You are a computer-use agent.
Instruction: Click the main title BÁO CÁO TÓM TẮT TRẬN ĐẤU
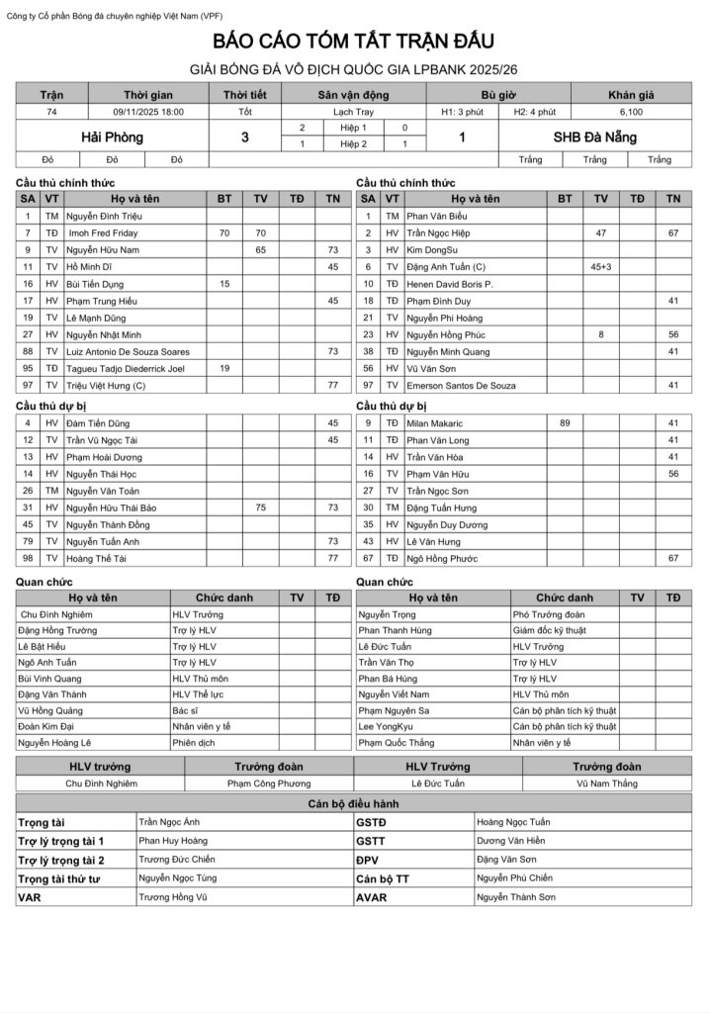[x=354, y=42]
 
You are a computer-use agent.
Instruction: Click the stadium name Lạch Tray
[x=353, y=112]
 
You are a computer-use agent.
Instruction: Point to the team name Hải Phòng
[x=112, y=137]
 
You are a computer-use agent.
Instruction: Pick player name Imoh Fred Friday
[x=103, y=232]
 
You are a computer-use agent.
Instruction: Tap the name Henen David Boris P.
[x=451, y=283]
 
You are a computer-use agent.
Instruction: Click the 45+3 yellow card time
[x=600, y=266]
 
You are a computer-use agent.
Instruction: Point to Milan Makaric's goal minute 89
[x=565, y=422]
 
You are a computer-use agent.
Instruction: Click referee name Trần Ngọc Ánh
[x=169, y=822]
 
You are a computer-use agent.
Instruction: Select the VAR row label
[x=29, y=897]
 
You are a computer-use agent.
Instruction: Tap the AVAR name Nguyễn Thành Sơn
[x=515, y=897]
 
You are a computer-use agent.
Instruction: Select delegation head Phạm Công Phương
[x=269, y=783]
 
